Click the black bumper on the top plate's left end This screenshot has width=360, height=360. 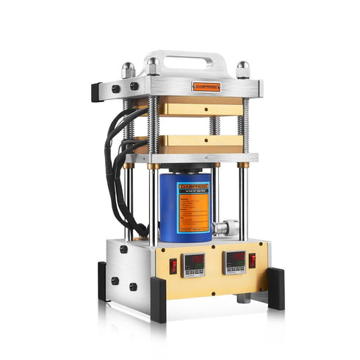[x=96, y=92]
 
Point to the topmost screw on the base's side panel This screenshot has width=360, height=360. [x=123, y=249]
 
